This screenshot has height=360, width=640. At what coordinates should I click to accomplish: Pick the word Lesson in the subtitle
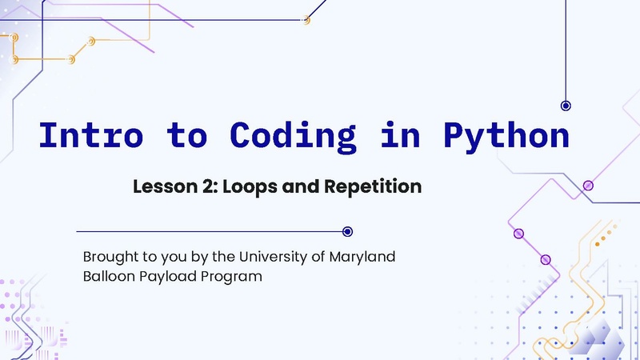[x=161, y=187]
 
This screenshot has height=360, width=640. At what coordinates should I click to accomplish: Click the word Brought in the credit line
[x=110, y=258]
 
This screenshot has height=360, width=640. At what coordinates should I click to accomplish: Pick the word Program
[x=234, y=277]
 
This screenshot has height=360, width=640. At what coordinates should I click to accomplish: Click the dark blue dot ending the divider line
[x=347, y=231]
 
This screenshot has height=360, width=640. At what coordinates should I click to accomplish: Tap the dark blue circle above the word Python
[x=566, y=106]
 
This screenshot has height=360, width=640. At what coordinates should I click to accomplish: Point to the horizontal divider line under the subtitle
[x=208, y=231]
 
